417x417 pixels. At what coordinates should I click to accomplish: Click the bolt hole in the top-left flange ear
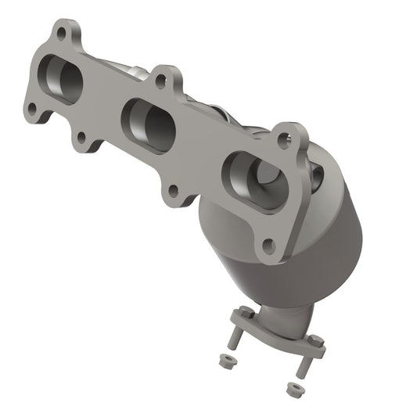tap(61, 33)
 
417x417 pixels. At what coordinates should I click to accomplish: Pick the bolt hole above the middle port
tap(160, 79)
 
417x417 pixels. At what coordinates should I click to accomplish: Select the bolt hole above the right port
tap(283, 141)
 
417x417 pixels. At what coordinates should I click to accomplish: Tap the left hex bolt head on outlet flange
tap(242, 312)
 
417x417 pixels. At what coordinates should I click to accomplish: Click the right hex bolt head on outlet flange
tap(315, 341)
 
